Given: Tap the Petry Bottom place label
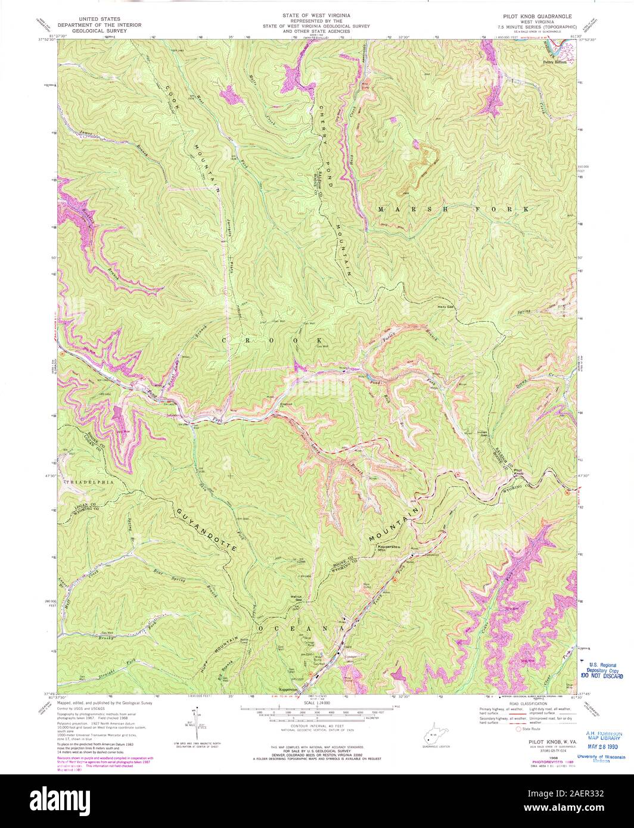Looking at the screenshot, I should point(554,61).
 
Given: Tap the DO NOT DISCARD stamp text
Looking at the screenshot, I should point(602,677).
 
